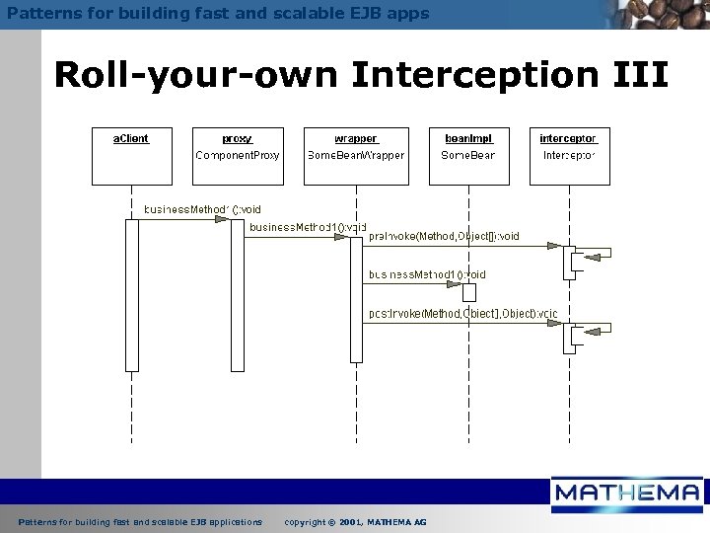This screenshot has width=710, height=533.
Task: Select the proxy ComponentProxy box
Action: pos(237,155)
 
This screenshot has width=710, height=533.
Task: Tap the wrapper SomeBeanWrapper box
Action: pos(356,155)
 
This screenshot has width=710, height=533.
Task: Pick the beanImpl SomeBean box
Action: pos(468,155)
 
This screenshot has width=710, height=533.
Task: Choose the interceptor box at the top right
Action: pos(568,155)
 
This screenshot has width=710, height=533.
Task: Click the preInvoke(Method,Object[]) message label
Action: pos(444,236)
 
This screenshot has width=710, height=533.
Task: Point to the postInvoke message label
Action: pos(461,314)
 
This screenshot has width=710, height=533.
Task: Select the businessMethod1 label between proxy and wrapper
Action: pos(307,227)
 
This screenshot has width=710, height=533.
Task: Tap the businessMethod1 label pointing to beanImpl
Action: pos(426,274)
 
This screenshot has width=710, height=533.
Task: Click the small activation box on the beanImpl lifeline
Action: pos(469,292)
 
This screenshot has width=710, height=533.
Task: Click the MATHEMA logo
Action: pos(627,495)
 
